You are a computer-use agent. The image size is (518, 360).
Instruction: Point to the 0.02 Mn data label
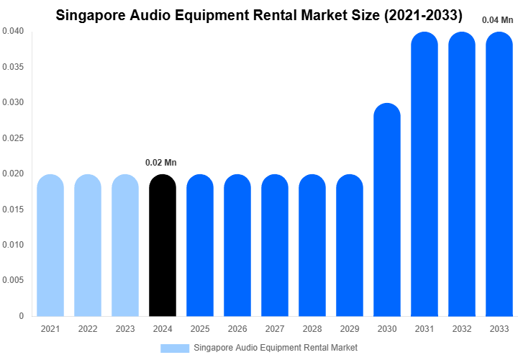coord(161,163)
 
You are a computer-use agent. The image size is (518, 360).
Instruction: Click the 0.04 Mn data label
coord(498,20)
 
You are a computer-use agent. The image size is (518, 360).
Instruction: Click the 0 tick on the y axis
coord(22,316)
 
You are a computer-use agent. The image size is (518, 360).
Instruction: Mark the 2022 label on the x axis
coord(88,329)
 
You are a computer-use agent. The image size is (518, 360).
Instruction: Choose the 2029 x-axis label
coord(350,329)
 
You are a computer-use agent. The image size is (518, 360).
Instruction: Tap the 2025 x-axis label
coord(200,329)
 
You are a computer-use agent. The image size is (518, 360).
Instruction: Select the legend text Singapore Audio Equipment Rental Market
coord(276,348)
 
